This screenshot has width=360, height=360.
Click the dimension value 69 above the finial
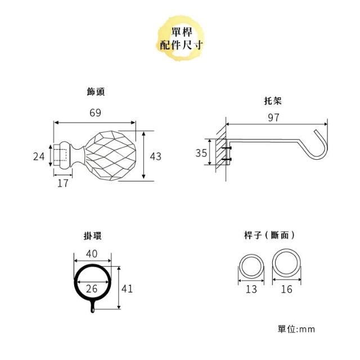click(x=95, y=112)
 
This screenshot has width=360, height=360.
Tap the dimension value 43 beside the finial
click(x=155, y=156)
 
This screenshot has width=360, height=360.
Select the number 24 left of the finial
click(x=39, y=156)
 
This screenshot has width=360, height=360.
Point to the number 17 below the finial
click(x=63, y=183)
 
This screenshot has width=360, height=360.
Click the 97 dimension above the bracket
click(x=274, y=118)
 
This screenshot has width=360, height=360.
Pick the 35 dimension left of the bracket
click(x=201, y=153)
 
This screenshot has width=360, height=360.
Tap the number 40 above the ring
click(x=92, y=254)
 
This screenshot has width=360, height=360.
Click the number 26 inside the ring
click(x=92, y=289)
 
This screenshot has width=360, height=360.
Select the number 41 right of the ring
click(x=127, y=289)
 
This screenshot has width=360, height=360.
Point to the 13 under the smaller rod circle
click(x=251, y=289)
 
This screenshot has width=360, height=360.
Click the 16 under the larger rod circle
click(x=286, y=289)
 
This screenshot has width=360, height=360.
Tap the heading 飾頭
click(x=96, y=92)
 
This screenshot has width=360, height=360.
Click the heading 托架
click(x=273, y=101)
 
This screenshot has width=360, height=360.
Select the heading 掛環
click(x=92, y=236)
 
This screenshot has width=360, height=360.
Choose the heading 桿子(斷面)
click(x=269, y=235)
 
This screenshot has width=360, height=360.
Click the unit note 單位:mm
click(x=296, y=329)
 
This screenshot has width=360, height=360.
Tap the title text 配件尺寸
click(x=181, y=44)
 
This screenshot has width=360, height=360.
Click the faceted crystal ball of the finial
click(x=110, y=156)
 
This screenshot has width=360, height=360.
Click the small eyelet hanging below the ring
click(x=92, y=307)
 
